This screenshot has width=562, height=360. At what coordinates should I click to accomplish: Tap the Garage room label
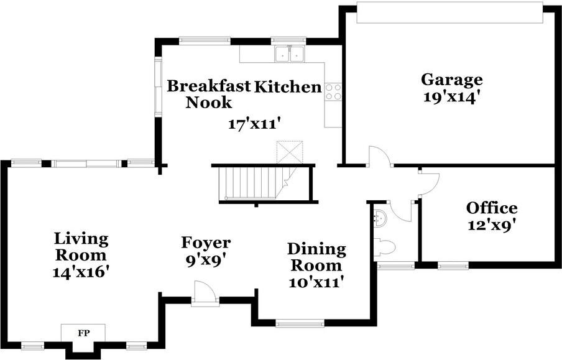pyautogui.click(x=451, y=80)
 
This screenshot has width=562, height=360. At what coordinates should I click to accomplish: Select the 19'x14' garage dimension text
pyautogui.click(x=451, y=97)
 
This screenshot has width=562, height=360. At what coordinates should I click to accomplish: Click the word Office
pyautogui.click(x=492, y=208)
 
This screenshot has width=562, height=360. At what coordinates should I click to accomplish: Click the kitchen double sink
pyautogui.click(x=290, y=54)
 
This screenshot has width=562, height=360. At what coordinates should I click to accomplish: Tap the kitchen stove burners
pyautogui.click(x=333, y=91)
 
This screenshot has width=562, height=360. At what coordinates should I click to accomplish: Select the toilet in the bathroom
pyautogui.click(x=384, y=247)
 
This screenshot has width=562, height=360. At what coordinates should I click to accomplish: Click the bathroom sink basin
pyautogui.click(x=380, y=218)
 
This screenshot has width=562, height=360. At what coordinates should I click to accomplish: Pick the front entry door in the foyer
pyautogui.click(x=205, y=293)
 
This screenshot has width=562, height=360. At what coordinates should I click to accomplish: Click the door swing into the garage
pyautogui.click(x=380, y=156)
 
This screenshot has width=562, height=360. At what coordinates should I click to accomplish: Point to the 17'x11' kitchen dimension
pyautogui.click(x=254, y=124)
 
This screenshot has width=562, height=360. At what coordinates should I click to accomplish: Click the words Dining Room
pyautogui.click(x=317, y=257)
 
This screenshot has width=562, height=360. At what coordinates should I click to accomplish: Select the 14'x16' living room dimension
pyautogui.click(x=81, y=272)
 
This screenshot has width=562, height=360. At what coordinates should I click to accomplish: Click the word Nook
pyautogui.click(x=209, y=103)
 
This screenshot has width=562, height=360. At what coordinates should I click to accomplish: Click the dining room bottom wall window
pyautogui.click(x=300, y=324)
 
